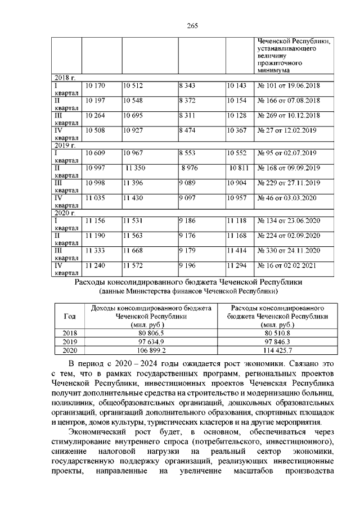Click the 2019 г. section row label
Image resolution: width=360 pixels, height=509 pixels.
click(64, 145)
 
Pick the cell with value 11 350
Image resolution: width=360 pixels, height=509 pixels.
click(136, 168)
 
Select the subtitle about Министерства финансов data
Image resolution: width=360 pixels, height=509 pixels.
click(188, 292)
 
